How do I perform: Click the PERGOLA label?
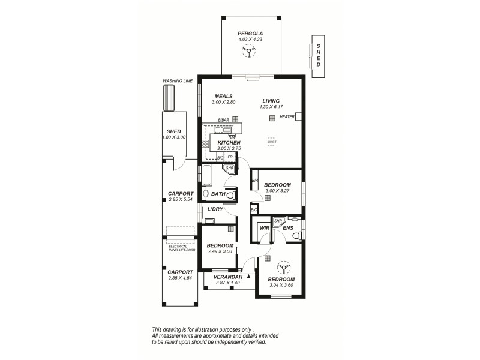[250, 33]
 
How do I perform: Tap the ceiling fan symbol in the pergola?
[250, 52]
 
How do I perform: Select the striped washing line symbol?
[169, 98]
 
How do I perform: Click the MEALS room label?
[223, 97]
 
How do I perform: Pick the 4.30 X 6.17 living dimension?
[271, 107]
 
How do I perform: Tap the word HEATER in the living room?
[287, 117]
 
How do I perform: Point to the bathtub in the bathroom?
[207, 175]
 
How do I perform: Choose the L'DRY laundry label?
[215, 209]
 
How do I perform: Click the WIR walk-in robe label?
[263, 228]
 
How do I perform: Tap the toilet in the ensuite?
[295, 237]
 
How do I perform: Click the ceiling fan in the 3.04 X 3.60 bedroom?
[281, 267]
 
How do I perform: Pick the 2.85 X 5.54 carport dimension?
[181, 199]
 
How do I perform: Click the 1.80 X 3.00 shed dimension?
[174, 137]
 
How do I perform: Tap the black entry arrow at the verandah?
[248, 276]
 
